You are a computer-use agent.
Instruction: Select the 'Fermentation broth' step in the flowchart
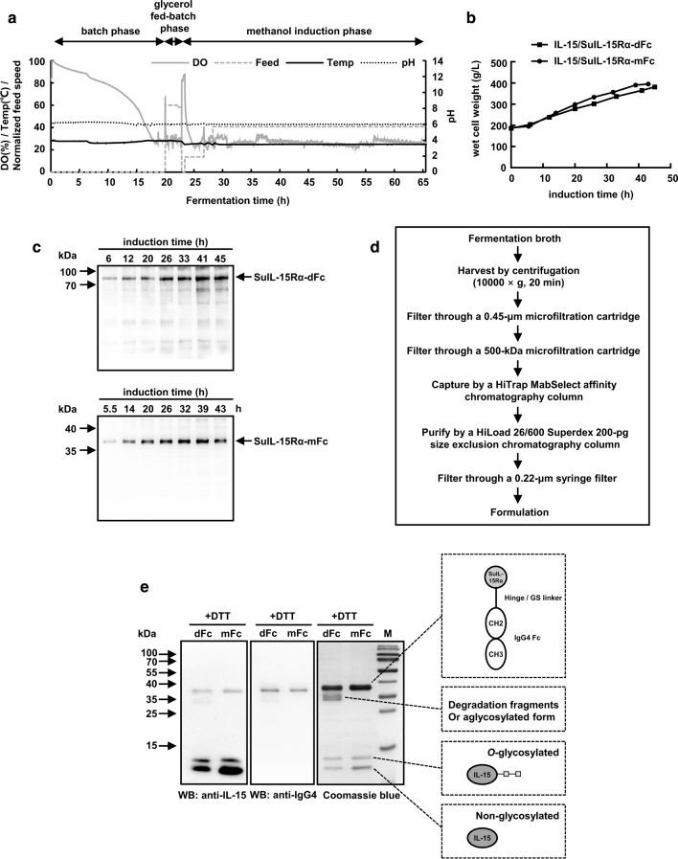[520, 262]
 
